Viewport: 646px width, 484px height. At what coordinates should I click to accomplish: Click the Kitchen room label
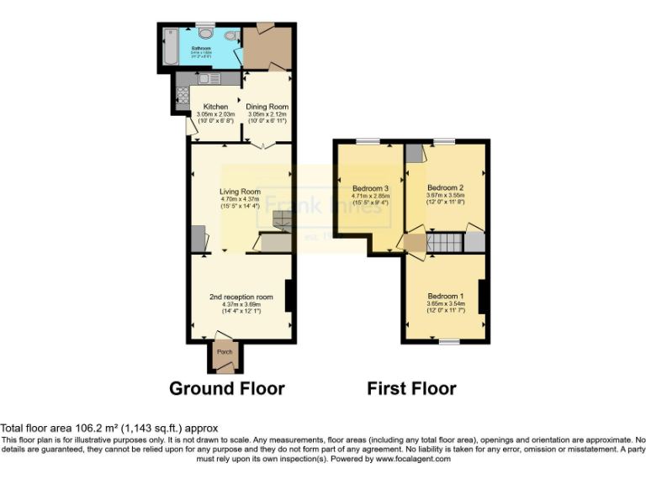[215, 107]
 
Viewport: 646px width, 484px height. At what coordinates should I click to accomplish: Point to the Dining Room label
[267, 107]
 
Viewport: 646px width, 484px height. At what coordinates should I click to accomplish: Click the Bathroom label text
[200, 49]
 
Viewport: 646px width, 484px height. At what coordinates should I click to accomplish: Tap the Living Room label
[240, 192]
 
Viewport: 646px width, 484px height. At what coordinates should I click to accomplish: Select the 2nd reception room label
[241, 297]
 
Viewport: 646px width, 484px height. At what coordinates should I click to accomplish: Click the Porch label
[225, 352]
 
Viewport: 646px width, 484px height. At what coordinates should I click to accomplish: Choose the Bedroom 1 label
[445, 297]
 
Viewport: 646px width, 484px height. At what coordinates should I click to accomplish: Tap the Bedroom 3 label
[370, 187]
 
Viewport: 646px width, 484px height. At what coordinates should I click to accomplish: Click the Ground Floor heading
[227, 388]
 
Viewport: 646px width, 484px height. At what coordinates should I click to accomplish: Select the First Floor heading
[411, 388]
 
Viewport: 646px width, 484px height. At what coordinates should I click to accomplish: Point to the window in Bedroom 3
[368, 141]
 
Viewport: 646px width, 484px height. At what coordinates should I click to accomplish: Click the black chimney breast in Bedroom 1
[483, 296]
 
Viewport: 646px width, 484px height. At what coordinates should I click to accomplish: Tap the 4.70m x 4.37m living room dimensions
[241, 199]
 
